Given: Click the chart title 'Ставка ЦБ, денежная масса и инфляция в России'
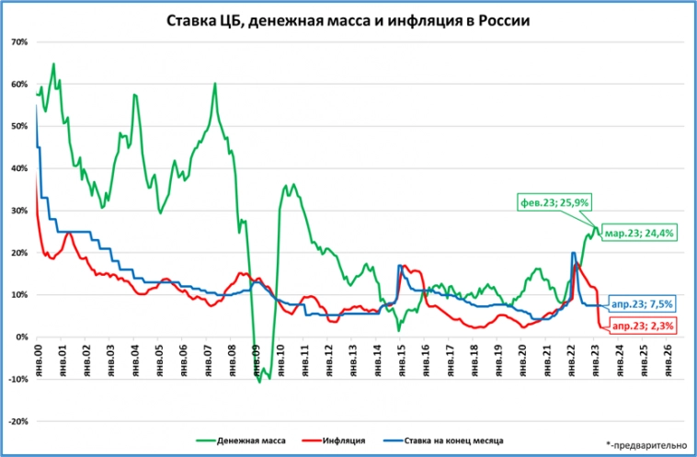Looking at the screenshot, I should click(x=348, y=20).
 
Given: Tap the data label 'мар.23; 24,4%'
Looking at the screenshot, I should click(x=641, y=234).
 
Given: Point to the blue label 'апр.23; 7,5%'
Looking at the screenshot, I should click(x=643, y=304).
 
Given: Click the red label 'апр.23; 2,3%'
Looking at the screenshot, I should click(x=642, y=326).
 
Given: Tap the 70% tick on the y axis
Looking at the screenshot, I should click(x=19, y=42).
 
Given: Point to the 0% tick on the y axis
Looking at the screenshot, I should click(x=22, y=337).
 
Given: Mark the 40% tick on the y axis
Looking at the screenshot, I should click(x=19, y=168).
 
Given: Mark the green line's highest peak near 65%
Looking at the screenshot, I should click(x=54, y=63).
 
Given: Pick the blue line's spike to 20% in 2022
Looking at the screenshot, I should click(x=573, y=253).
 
